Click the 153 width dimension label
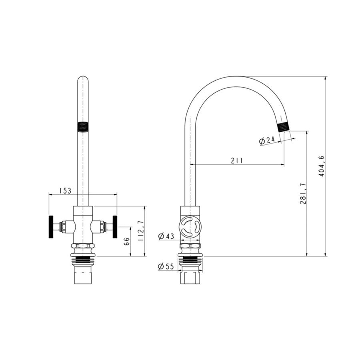[x=66, y=190]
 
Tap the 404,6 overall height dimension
[x=322, y=166]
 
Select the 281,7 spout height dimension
[x=303, y=193]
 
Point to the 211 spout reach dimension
[x=237, y=160]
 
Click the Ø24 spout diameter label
[x=267, y=140]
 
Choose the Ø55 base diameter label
[x=166, y=266]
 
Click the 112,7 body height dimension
[x=140, y=230]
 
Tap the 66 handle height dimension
[x=127, y=242]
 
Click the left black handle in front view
[x=51, y=227]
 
